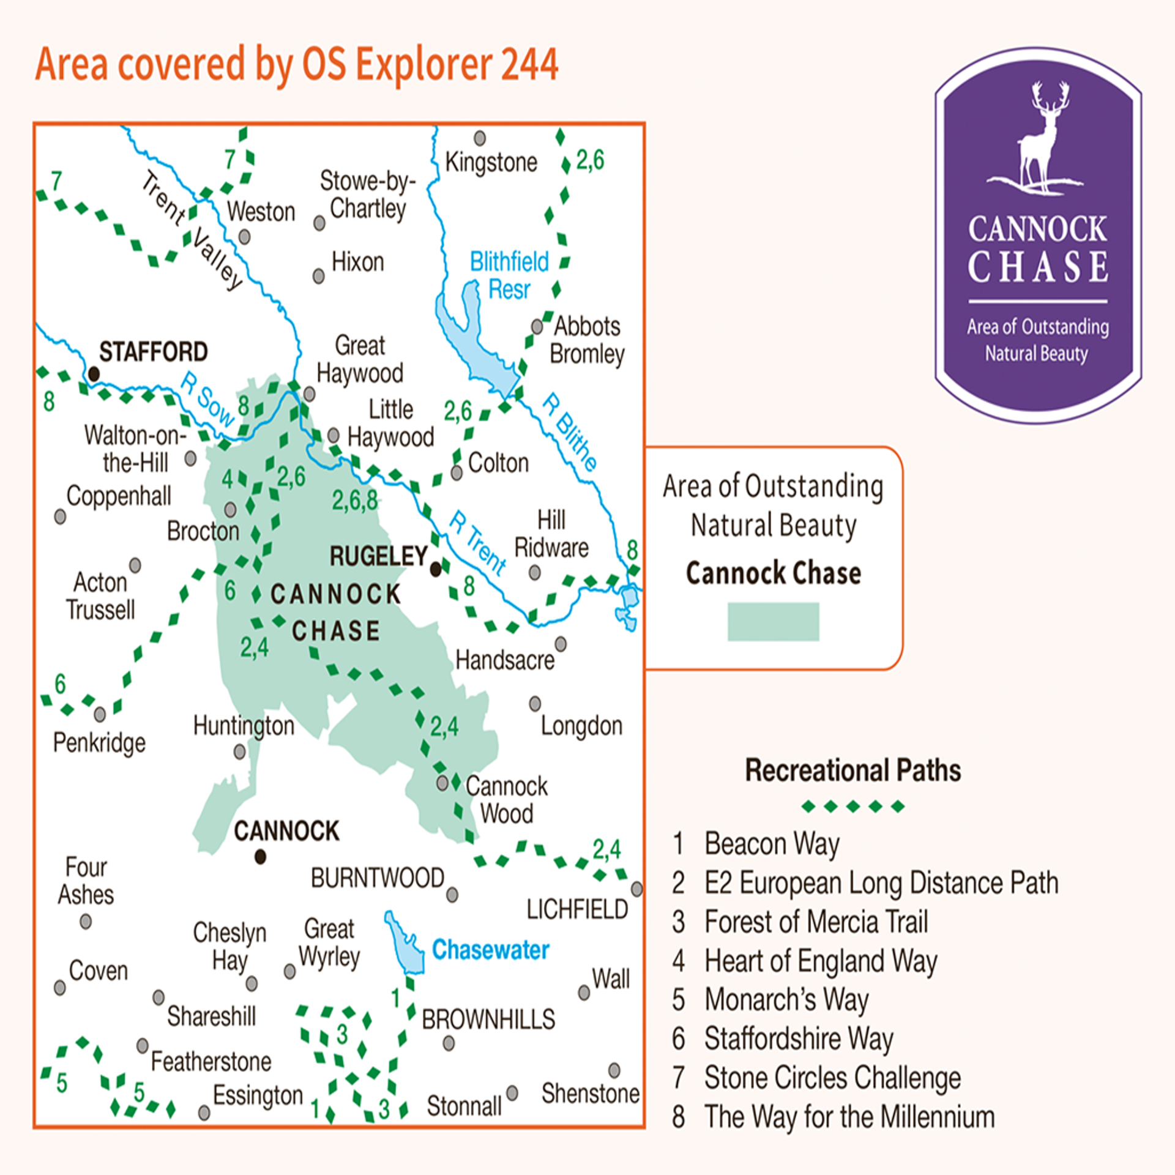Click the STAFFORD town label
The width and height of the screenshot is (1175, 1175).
(x=153, y=352)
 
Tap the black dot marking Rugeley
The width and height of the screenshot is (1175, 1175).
(x=436, y=570)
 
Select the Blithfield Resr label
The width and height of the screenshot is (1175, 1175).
(x=509, y=275)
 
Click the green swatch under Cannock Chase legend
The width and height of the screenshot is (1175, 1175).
(x=773, y=622)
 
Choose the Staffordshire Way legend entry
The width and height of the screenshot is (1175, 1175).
(x=798, y=1039)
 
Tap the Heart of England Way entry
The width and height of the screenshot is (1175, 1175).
(x=820, y=961)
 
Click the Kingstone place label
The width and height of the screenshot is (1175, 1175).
(x=491, y=163)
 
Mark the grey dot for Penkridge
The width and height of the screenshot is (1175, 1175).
(x=100, y=714)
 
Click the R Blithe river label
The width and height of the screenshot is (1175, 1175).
(x=569, y=432)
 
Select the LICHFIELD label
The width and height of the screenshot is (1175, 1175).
(x=577, y=910)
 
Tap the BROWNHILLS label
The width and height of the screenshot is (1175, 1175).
(x=488, y=1020)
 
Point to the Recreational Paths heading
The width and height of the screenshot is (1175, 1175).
(x=852, y=770)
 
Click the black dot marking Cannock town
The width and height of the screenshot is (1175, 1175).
(x=260, y=857)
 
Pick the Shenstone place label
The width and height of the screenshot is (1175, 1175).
(x=590, y=1094)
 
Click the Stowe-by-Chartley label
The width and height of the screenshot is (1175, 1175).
(x=367, y=195)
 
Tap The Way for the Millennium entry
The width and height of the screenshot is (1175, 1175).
(x=849, y=1117)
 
